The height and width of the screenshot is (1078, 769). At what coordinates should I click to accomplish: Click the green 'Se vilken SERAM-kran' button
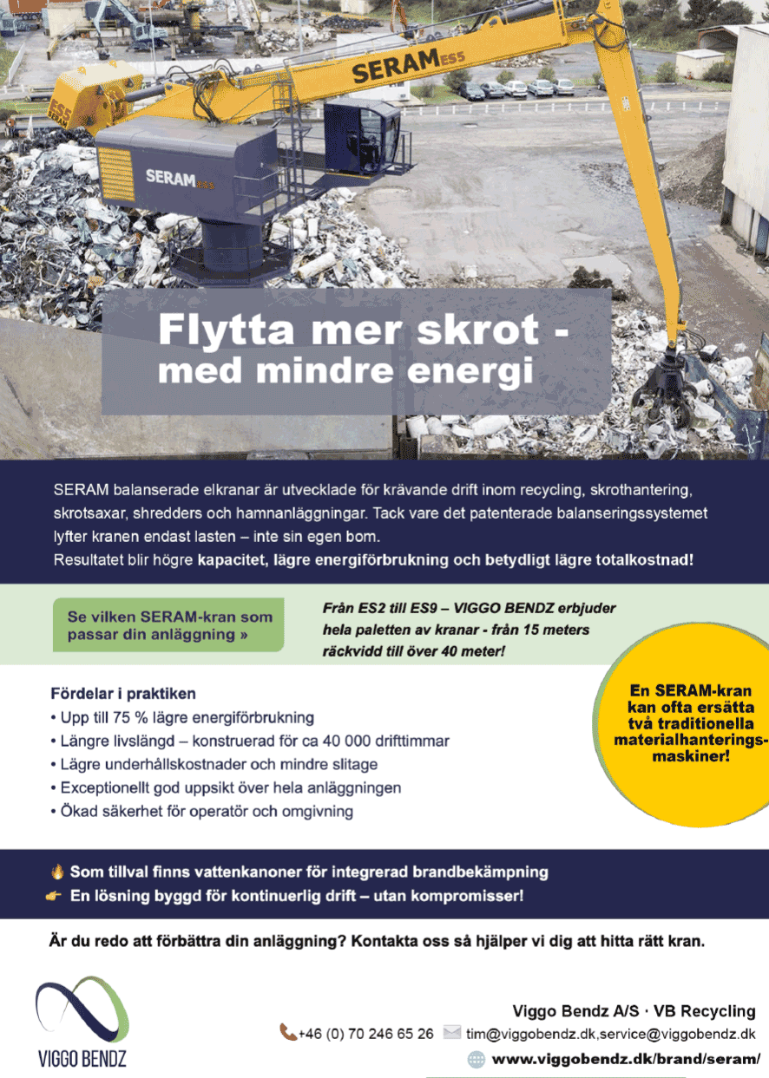point(168,624)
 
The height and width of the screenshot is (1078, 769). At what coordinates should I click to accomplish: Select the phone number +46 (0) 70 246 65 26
point(365,1034)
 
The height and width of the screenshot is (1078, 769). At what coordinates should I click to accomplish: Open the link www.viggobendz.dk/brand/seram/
point(626,1059)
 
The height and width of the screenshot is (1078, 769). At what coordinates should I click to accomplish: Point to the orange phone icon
point(287,1032)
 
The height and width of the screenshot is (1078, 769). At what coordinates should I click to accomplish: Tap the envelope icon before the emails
point(451,1032)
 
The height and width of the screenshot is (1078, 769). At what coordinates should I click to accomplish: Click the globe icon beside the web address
point(477,1059)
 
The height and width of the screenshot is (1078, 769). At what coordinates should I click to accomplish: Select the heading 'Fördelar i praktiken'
point(123,694)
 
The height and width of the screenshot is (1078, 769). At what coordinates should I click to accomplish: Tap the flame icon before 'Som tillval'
point(57,871)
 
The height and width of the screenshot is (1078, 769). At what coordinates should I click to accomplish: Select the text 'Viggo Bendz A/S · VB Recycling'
point(634,1011)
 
